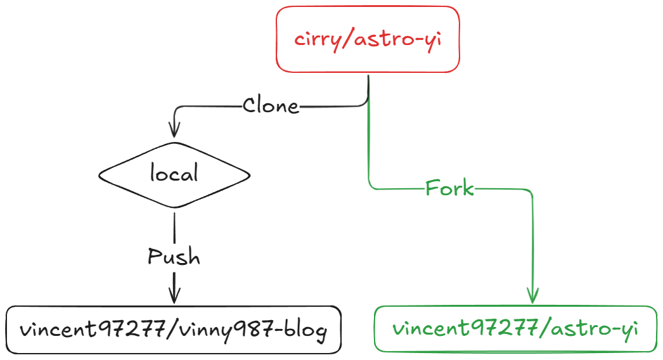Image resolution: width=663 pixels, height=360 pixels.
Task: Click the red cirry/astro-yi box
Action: click(x=367, y=39)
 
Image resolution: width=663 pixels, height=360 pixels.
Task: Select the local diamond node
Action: click(x=174, y=174)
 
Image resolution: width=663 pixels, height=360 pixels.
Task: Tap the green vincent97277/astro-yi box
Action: click(x=515, y=328)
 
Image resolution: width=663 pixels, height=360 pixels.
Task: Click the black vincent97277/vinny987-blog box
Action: click(x=174, y=330)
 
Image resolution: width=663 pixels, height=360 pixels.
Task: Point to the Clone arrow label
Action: click(x=271, y=105)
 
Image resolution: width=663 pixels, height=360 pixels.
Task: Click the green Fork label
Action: click(x=449, y=188)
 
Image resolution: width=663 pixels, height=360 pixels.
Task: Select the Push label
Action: click(x=174, y=257)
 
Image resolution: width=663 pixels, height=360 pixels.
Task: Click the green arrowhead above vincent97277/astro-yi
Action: click(x=532, y=295)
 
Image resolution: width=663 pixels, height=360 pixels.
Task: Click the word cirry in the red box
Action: click(x=316, y=39)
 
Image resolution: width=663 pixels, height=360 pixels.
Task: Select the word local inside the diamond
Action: click(x=174, y=174)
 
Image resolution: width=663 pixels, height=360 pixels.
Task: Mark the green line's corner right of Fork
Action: click(x=531, y=190)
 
